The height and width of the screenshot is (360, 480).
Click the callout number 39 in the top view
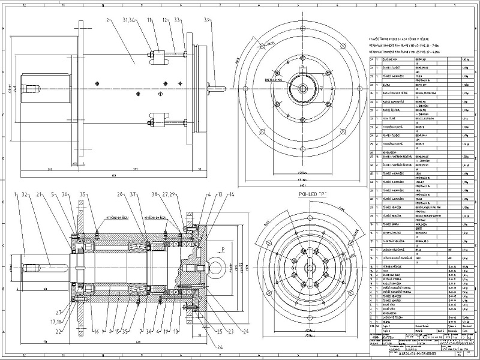(x=207, y=19)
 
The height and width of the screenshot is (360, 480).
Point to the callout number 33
(x=177, y=20)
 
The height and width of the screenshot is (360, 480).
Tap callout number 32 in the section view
(x=25, y=194)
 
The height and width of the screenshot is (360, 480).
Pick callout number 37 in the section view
(x=134, y=194)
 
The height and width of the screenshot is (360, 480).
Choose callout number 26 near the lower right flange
(x=229, y=331)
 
